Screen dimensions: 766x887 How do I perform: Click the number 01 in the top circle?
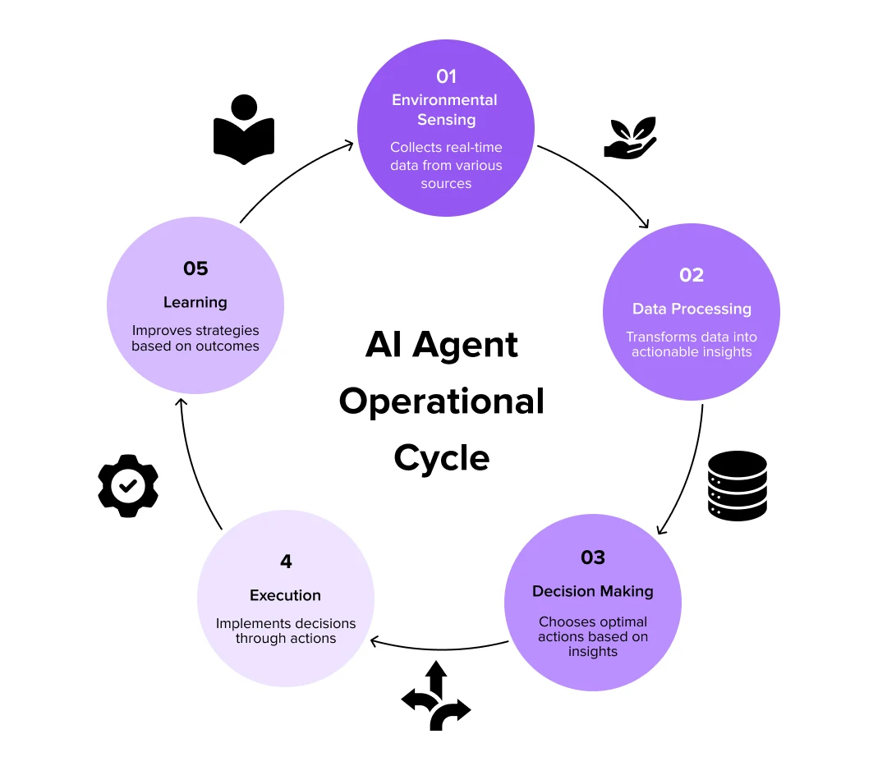pyautogui.click(x=446, y=76)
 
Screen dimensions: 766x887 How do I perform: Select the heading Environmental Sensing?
pyautogui.click(x=445, y=109)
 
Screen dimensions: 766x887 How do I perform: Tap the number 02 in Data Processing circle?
pyautogui.click(x=692, y=275)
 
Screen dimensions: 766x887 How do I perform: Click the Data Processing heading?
pyautogui.click(x=692, y=309)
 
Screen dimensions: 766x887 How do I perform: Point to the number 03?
pyautogui.click(x=592, y=557)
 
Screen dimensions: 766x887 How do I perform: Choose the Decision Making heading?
pyautogui.click(x=592, y=591)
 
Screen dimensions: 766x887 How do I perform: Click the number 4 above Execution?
pyautogui.click(x=286, y=562)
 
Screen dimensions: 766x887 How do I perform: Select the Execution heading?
pyautogui.click(x=286, y=595)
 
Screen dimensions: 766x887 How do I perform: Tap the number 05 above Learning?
pyautogui.click(x=195, y=268)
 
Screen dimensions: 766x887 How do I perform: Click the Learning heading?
pyautogui.click(x=195, y=302)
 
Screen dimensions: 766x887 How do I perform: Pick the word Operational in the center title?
pyautogui.click(x=442, y=401)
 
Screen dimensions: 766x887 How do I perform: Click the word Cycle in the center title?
pyautogui.click(x=442, y=457)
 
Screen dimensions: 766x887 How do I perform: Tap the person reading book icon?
pyautogui.click(x=243, y=130)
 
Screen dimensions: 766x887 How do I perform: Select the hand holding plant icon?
pyautogui.click(x=631, y=137)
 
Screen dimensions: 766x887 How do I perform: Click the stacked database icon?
pyautogui.click(x=737, y=485)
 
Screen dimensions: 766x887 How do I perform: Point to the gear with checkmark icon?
pyautogui.click(x=128, y=486)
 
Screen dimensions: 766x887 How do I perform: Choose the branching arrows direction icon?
pyautogui.click(x=436, y=697)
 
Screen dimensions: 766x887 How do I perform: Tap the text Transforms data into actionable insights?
pyautogui.click(x=692, y=344)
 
